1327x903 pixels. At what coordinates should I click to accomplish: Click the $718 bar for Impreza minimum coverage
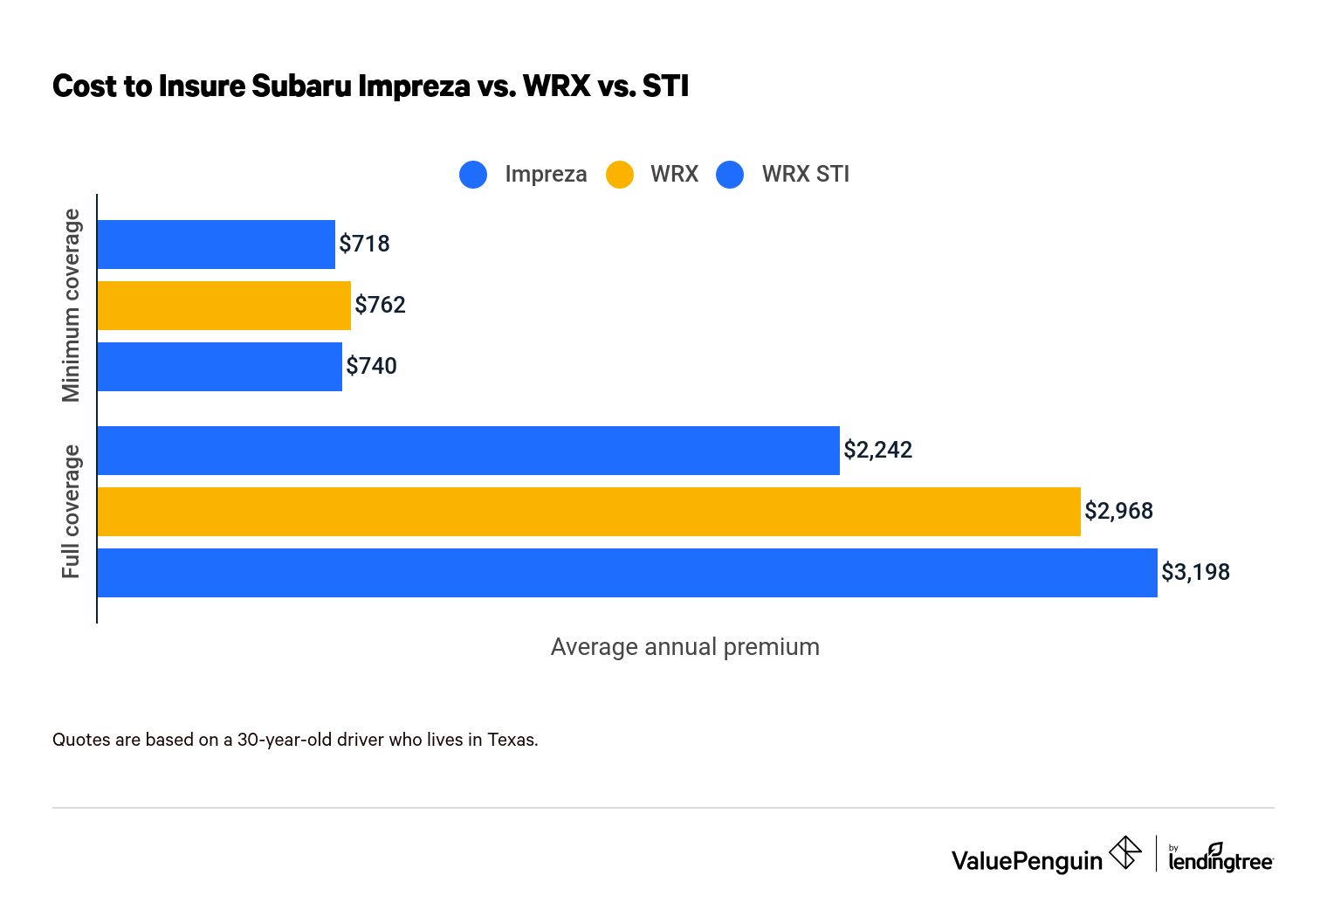[216, 245]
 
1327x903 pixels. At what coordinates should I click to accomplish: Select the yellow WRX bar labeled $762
[223, 306]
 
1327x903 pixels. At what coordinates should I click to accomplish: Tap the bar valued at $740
[219, 367]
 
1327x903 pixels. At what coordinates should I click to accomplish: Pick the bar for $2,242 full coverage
[468, 451]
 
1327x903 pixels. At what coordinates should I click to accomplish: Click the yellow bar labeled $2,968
[588, 512]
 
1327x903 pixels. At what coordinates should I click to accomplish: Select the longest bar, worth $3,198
[627, 573]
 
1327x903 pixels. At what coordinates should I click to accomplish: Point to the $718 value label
[364, 244]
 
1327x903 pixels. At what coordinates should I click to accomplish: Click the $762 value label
[380, 305]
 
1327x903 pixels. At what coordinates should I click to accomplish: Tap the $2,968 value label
[1118, 511]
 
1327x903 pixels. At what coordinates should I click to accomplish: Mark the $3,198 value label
[1195, 572]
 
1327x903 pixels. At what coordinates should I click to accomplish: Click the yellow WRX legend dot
[620, 175]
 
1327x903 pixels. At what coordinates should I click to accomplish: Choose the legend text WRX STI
[805, 174]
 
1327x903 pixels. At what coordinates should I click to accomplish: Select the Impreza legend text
[546, 174]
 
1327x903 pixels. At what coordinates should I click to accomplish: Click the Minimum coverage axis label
[71, 306]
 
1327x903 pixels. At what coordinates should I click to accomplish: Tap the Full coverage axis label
[71, 512]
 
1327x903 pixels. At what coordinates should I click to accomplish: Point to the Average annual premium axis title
[684, 647]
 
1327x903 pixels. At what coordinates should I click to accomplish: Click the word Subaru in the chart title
[301, 86]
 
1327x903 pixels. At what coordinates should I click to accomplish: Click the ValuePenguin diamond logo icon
[1125, 853]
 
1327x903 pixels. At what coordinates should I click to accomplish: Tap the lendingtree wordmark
[1220, 861]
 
